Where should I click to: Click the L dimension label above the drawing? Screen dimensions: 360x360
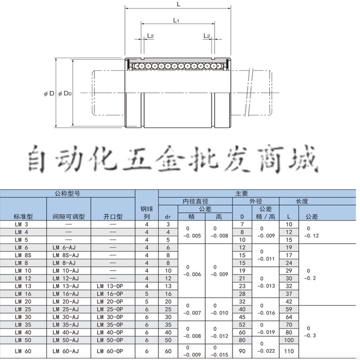(x=179, y=4)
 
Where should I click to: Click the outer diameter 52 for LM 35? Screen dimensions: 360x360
(x=242, y=324)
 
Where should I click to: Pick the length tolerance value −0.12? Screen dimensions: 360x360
(x=312, y=235)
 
